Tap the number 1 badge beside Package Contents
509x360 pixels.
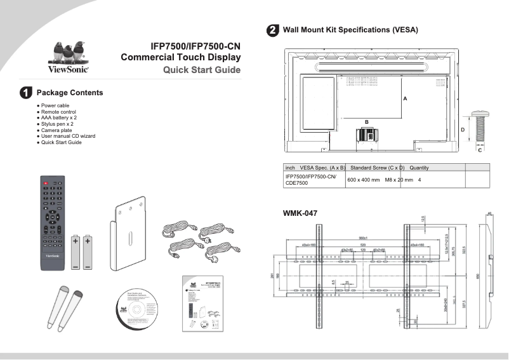(x=26, y=93)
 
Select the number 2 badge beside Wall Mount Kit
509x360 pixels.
(x=272, y=30)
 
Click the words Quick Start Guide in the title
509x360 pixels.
(x=202, y=70)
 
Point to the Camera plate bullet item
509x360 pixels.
(x=58, y=130)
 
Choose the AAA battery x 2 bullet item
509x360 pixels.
(x=59, y=117)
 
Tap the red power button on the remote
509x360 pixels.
(x=45, y=183)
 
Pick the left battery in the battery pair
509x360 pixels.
(x=76, y=251)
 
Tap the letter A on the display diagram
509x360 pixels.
(x=404, y=99)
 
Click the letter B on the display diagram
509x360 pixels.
(x=366, y=121)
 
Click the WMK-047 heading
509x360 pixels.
(x=300, y=213)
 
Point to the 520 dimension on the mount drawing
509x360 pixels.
(x=363, y=244)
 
